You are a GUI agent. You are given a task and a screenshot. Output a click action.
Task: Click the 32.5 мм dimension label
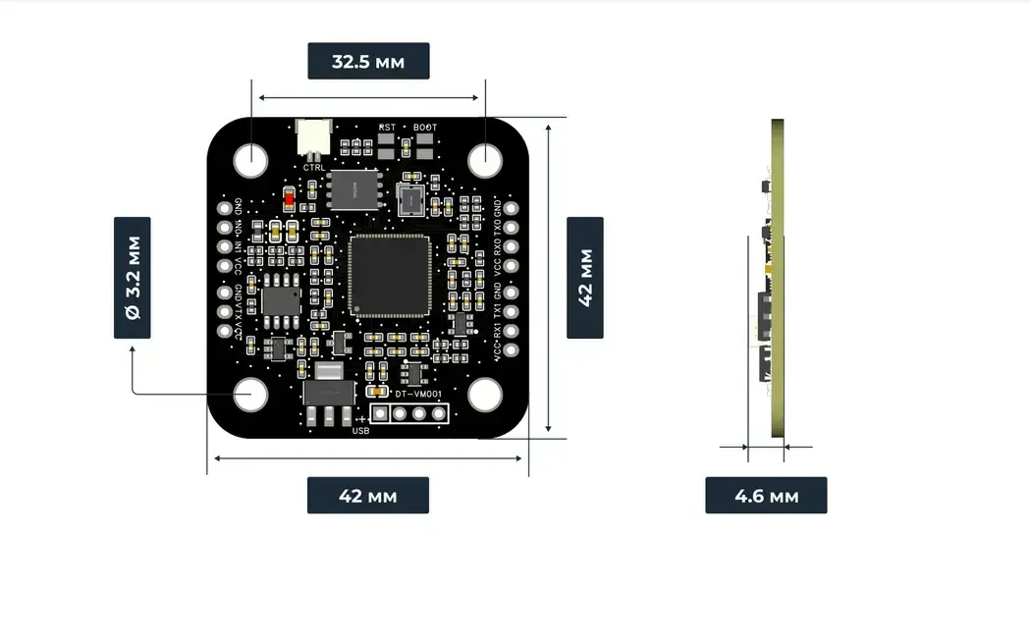(368, 61)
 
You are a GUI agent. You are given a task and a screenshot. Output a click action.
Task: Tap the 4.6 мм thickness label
(766, 495)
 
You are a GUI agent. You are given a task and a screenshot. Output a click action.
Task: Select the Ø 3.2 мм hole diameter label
(133, 278)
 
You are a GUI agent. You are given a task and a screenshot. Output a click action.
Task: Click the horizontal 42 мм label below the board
(368, 495)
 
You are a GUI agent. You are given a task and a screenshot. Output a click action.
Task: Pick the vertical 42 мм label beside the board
(585, 278)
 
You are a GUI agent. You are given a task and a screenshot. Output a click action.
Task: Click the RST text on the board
(387, 128)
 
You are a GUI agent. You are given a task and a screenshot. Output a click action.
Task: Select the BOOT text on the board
(425, 128)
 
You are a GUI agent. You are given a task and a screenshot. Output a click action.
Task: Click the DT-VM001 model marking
(419, 394)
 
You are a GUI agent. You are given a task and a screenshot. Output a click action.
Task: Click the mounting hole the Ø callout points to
(251, 394)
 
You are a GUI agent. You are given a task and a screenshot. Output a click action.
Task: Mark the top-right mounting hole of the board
(485, 158)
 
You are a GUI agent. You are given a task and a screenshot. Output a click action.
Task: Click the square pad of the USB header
(379, 413)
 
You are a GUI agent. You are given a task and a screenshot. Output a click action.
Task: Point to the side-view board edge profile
(777, 278)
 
